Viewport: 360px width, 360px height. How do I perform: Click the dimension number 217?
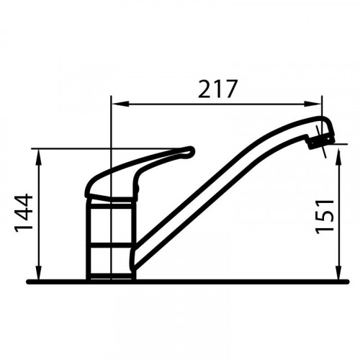point(217,89)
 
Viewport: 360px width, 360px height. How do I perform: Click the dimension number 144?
point(24,213)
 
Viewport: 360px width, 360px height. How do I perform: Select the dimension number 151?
point(325,217)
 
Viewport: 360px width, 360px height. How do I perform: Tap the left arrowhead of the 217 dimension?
point(120,104)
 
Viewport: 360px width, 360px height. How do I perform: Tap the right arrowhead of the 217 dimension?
point(313,104)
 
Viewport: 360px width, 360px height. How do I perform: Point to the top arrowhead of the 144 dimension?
point(39,157)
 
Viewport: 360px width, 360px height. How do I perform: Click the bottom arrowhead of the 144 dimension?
point(39,272)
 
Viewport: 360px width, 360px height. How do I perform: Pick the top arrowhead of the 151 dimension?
point(338,157)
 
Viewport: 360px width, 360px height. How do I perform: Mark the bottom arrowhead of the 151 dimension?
point(338,272)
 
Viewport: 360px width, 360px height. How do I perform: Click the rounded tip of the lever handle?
point(190,151)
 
